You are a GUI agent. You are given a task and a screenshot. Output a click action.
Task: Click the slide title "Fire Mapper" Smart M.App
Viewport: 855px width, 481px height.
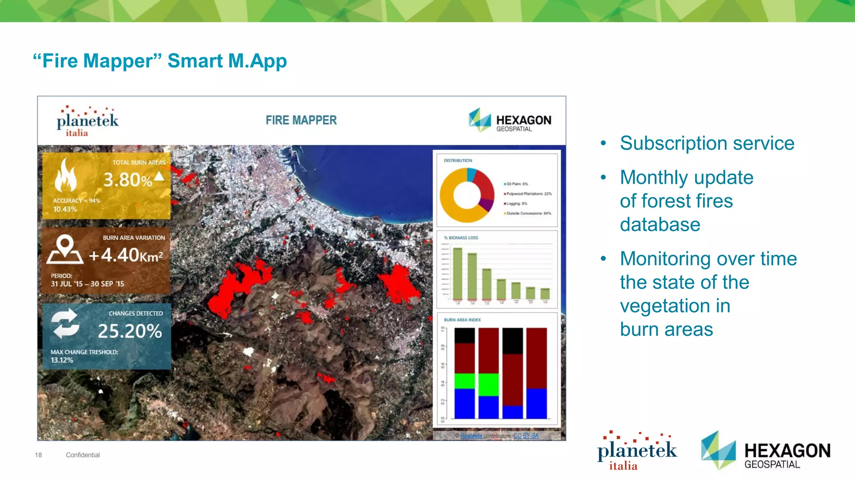[160, 61]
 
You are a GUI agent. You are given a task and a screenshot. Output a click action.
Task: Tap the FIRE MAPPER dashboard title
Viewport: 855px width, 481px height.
[301, 120]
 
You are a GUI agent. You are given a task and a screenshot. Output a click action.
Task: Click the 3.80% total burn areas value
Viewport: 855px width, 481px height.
[128, 180]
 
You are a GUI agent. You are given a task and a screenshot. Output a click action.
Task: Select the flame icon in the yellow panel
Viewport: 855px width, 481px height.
[66, 176]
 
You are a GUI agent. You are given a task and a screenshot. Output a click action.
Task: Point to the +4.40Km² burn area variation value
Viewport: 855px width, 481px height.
[126, 255]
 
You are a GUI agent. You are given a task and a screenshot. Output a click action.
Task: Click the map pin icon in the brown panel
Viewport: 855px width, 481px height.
[65, 250]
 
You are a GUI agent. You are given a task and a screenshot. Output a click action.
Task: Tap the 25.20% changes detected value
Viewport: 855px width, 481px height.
[130, 331]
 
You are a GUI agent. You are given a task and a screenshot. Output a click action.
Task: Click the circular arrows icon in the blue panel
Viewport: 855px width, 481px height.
[65, 323]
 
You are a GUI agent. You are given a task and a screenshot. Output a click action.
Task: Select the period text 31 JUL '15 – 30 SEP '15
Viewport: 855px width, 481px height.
[87, 284]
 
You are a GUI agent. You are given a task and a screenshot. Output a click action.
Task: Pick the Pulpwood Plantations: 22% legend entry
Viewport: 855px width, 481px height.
[529, 194]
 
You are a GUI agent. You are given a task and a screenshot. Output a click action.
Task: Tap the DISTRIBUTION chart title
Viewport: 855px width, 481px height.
[458, 160]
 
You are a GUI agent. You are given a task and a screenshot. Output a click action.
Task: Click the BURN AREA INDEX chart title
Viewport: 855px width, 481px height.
[462, 320]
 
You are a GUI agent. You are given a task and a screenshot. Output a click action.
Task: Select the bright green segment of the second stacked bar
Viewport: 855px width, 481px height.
[488, 385]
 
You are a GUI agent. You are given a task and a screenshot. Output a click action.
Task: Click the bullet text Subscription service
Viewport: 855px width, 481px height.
[707, 143]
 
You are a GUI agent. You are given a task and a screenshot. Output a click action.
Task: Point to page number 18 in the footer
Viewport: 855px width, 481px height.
[38, 455]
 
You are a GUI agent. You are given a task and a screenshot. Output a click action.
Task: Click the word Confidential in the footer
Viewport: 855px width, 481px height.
[83, 455]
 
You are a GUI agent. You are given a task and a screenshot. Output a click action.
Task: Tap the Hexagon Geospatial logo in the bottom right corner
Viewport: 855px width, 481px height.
[766, 451]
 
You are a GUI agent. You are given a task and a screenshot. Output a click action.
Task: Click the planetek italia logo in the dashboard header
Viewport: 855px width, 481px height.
[87, 122]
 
